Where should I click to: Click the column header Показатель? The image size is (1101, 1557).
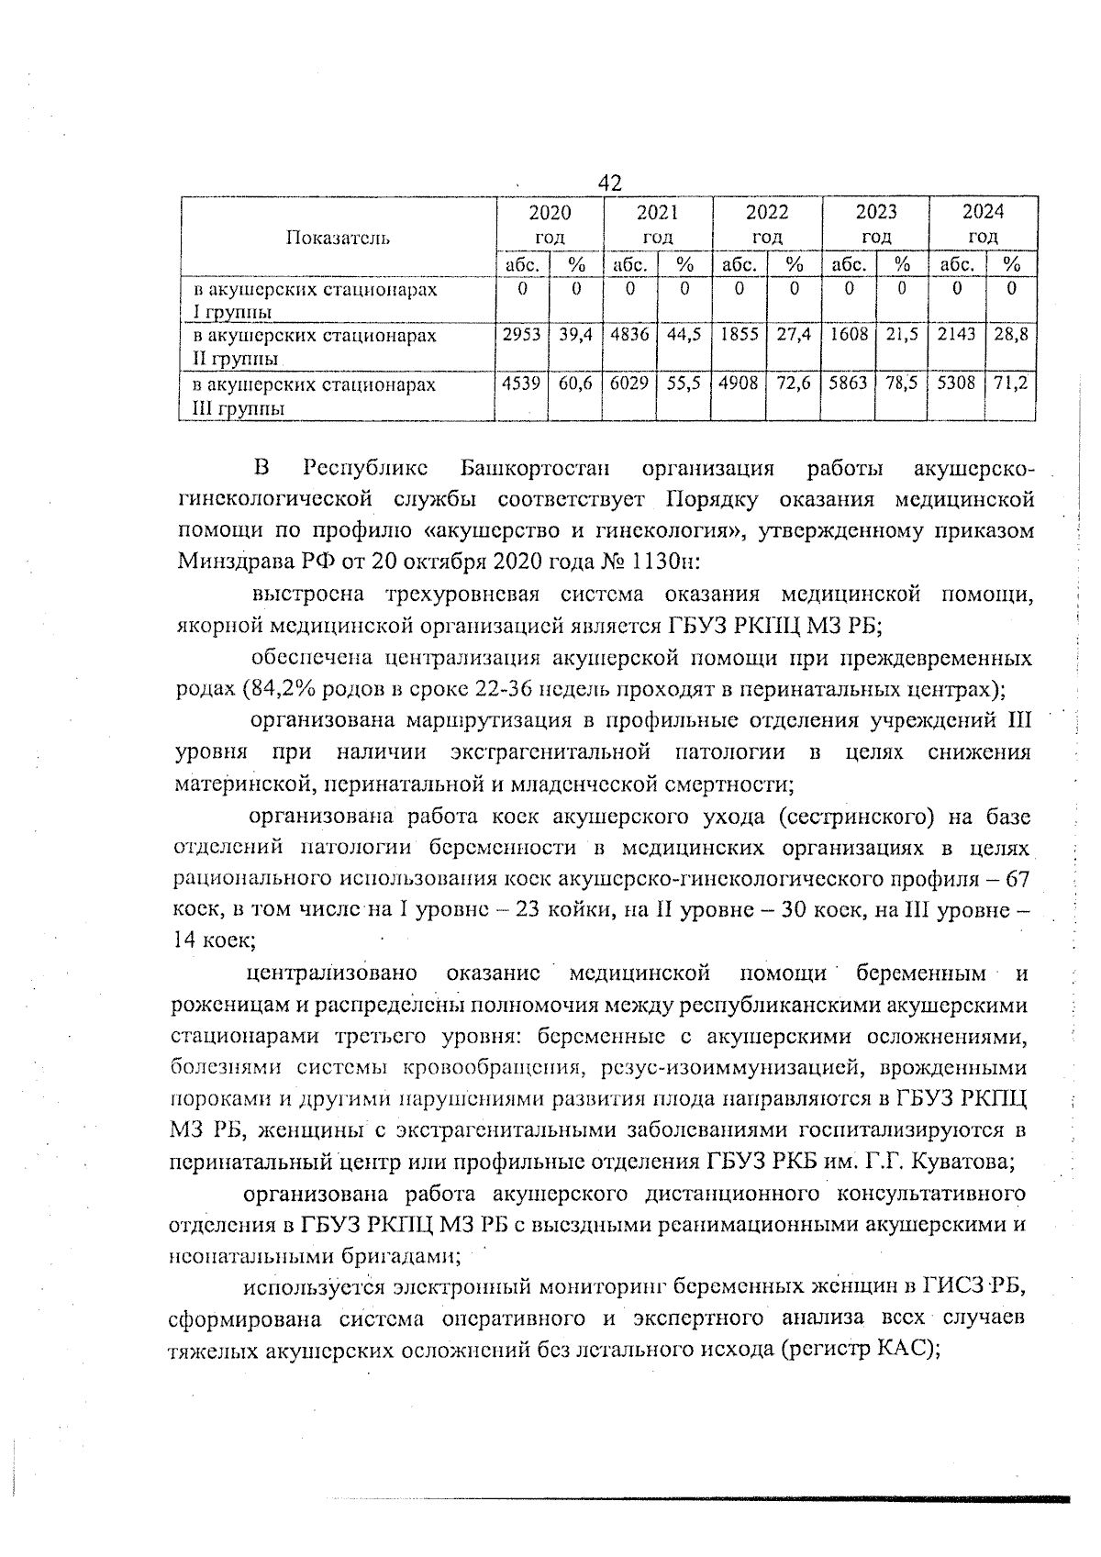(339, 239)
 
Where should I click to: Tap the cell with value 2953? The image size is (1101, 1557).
(522, 336)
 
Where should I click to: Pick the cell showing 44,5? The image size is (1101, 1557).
(684, 336)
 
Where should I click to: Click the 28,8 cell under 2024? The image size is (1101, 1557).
(1010, 336)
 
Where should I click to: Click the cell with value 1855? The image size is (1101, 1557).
(739, 336)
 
